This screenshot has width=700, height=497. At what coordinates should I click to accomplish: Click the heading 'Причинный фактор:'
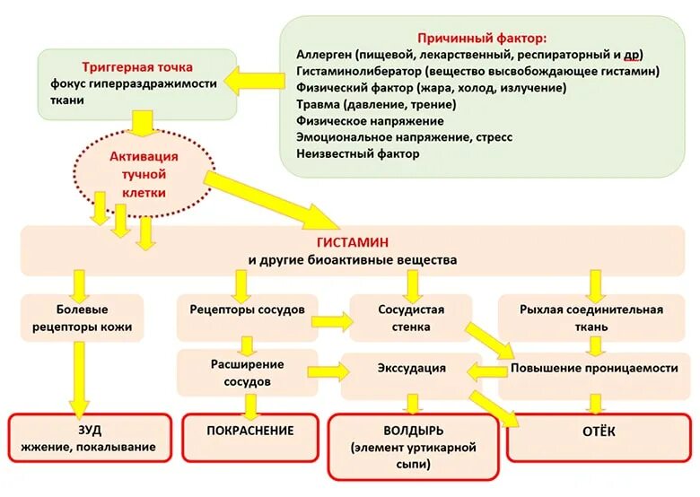pos(482,38)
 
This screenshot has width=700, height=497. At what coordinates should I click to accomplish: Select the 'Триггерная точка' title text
pos(137,67)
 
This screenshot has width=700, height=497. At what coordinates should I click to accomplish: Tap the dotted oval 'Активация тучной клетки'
pos(144,175)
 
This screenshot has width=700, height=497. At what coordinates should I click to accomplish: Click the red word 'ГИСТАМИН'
pos(352,243)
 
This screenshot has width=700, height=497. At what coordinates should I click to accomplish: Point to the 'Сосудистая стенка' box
pos(412,318)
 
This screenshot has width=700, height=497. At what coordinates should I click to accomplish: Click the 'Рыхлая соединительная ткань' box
pos(591,318)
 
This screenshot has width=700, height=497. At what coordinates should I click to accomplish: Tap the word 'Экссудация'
pos(411,368)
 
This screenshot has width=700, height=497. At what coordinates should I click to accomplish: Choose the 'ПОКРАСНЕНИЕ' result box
pos(250,431)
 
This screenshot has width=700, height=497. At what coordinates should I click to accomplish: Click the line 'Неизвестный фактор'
pos(357,153)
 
